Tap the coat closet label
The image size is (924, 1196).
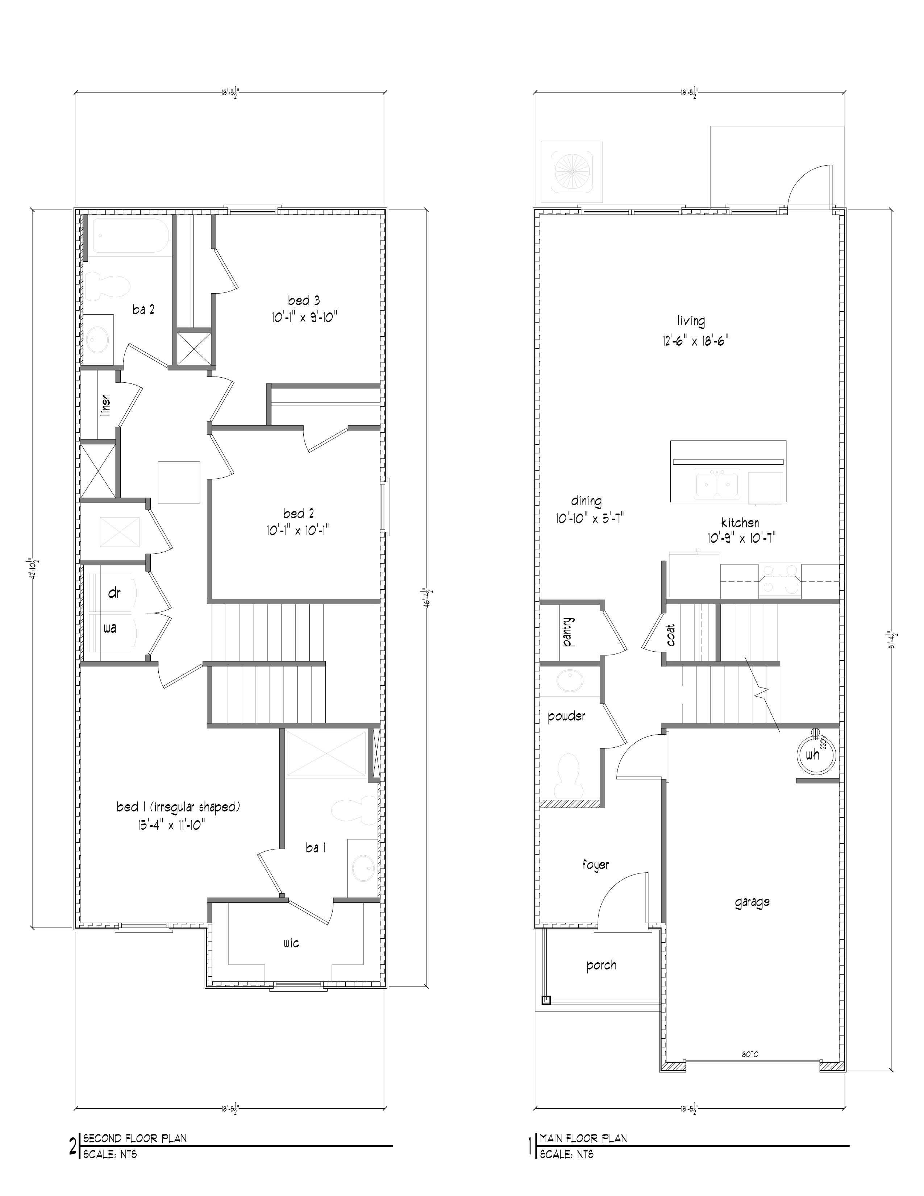coord(671,635)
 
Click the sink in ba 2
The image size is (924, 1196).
coord(99,340)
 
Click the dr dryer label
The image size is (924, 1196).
coord(114,593)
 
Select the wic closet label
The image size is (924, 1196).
coord(291,943)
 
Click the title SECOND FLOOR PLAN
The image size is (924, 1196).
coord(135,1138)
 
